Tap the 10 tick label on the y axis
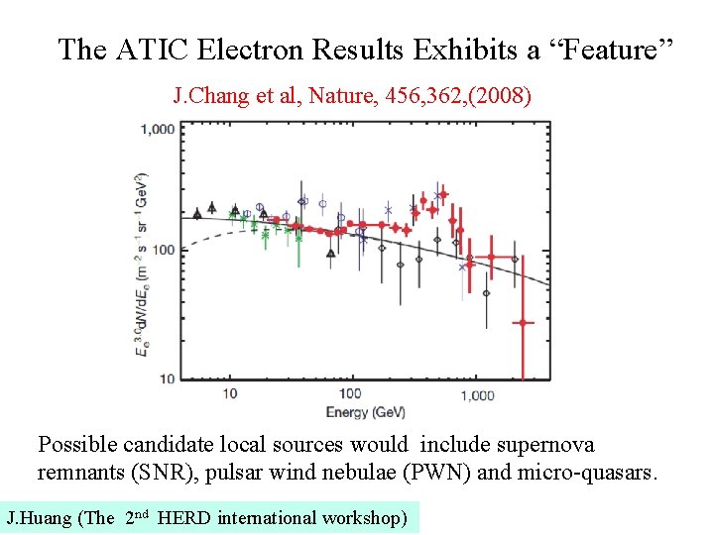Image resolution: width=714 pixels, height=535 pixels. pyautogui.click(x=167, y=377)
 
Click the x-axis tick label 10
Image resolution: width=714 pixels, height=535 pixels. pyautogui.click(x=229, y=394)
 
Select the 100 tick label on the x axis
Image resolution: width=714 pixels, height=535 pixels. pyautogui.click(x=351, y=394)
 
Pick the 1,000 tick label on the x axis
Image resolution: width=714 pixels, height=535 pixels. pyautogui.click(x=477, y=394)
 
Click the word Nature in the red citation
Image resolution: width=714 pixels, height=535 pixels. pyautogui.click(x=340, y=96)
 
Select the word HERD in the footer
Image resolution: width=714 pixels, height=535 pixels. pyautogui.click(x=183, y=517)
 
